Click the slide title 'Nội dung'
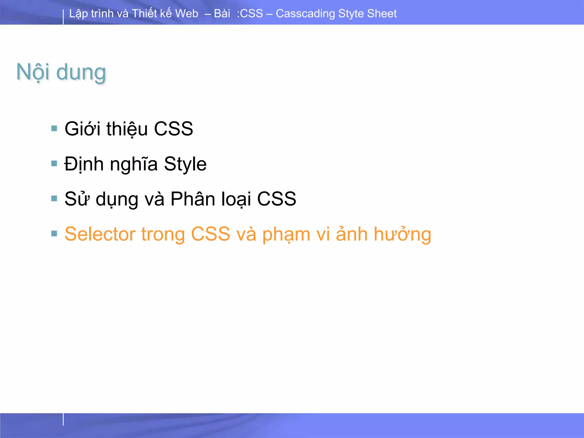pyautogui.click(x=61, y=72)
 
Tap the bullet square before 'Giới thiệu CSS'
pyautogui.click(x=54, y=128)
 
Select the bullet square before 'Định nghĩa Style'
pyautogui.click(x=54, y=163)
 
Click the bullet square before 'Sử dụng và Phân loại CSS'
pyautogui.click(x=54, y=198)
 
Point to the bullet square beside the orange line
pyautogui.click(x=54, y=234)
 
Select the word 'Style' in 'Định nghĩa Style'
pyautogui.click(x=185, y=165)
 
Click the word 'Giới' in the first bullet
pyautogui.click(x=82, y=129)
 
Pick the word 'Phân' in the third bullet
pyautogui.click(x=192, y=199)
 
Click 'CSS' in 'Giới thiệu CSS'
pyautogui.click(x=173, y=129)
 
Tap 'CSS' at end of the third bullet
pyautogui.click(x=276, y=199)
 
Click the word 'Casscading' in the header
pyautogui.click(x=305, y=14)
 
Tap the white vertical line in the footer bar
pyautogui.click(x=63, y=419)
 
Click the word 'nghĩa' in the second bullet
pyautogui.click(x=133, y=165)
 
